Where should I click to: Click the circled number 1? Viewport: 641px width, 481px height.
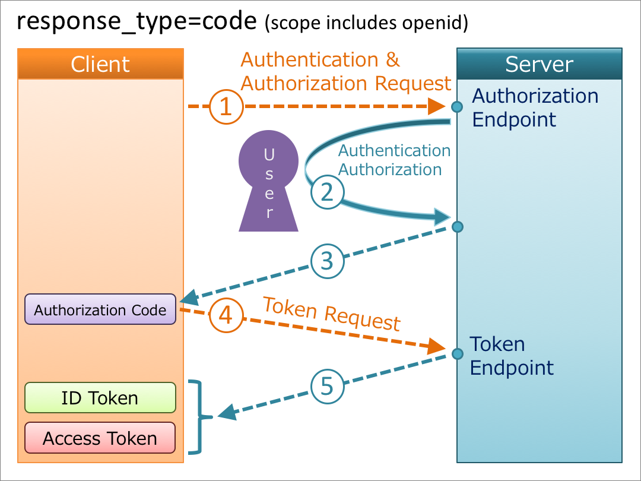tap(226, 107)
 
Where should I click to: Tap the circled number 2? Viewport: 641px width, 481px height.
tap(327, 192)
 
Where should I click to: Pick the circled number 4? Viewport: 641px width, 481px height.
tap(226, 315)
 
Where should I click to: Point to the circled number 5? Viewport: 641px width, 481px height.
tap(327, 387)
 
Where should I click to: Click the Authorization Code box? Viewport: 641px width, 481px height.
tap(100, 309)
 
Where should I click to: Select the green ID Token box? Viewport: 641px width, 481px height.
tap(100, 398)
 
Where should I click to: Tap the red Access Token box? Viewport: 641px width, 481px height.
tap(100, 438)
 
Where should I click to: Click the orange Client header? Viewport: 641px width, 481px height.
tap(100, 64)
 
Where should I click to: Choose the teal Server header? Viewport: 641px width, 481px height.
tap(539, 64)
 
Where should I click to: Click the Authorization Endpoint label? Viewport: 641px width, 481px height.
tap(535, 107)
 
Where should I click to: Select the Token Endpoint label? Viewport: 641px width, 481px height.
tap(511, 356)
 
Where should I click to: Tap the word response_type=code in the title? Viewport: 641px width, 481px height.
tap(137, 22)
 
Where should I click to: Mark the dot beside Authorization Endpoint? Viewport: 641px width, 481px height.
tap(456, 107)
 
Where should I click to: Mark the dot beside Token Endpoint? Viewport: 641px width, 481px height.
tap(457, 355)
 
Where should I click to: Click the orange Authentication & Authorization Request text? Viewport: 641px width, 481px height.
tap(345, 71)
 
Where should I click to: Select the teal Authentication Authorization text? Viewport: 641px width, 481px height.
tap(394, 160)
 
